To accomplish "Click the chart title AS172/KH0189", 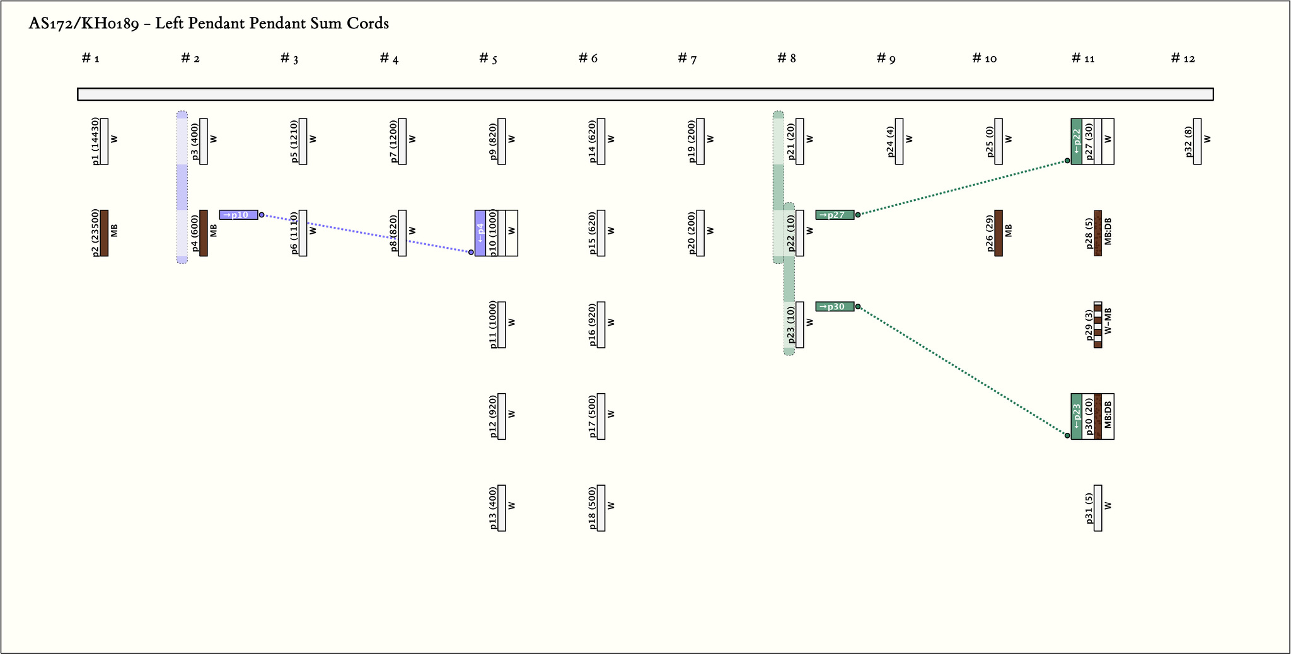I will [x=209, y=24].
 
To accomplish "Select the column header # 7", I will [x=687, y=59].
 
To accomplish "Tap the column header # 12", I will [x=1183, y=59].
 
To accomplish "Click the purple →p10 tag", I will [x=238, y=215].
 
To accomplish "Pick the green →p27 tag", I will [x=835, y=215].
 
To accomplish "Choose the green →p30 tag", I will [x=835, y=307].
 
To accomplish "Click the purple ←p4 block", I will [x=480, y=233].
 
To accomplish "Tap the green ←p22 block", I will [x=1077, y=142].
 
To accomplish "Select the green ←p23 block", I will [x=1077, y=416].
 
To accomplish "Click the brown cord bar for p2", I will [x=104, y=233].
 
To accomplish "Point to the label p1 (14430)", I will [x=95, y=142].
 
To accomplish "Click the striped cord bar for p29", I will [x=1098, y=325].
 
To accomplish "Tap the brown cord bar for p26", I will [x=999, y=233].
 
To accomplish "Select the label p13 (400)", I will [x=493, y=508].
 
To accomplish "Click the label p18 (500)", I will [x=593, y=508].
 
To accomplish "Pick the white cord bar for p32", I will [x=1197, y=142].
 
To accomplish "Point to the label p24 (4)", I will [x=890, y=142].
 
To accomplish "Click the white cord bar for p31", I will [x=1098, y=508].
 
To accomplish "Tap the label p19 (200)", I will [x=692, y=142].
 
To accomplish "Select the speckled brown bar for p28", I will [x=1098, y=233].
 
